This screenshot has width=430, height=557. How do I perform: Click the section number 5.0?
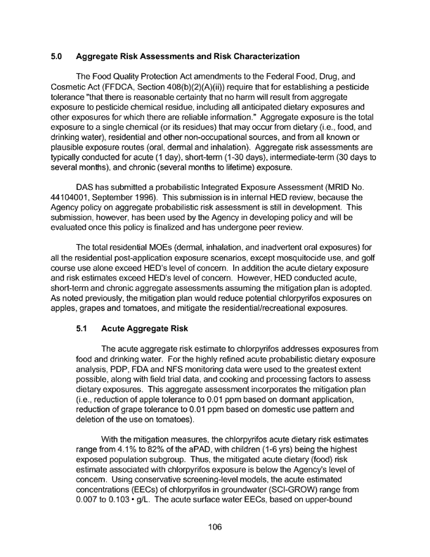[58, 56]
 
